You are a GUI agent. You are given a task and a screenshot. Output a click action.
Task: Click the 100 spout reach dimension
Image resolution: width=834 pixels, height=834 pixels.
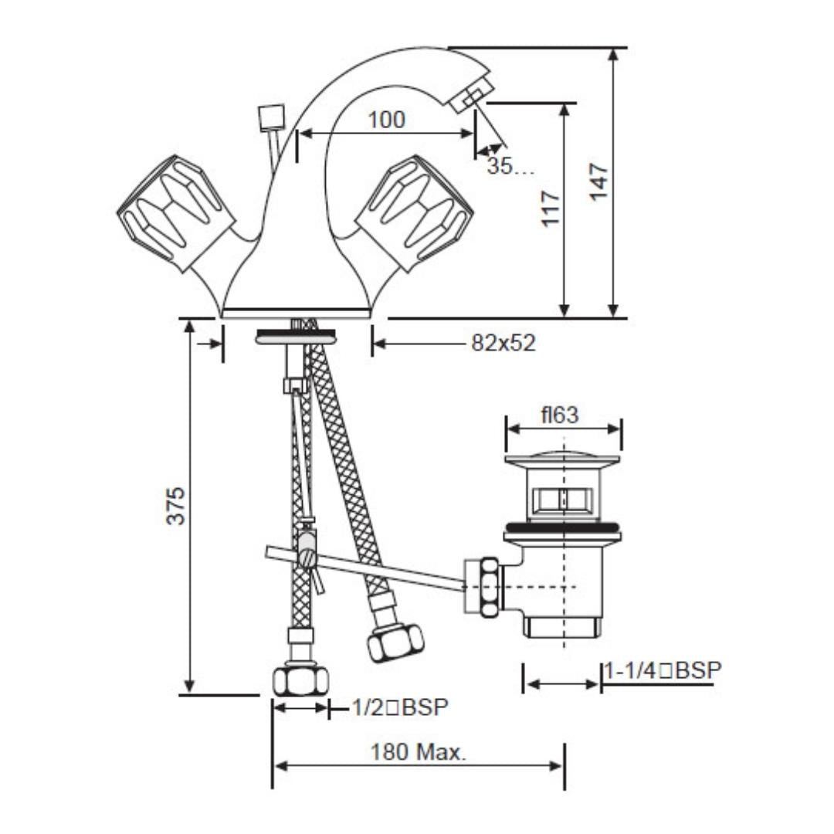[x=387, y=120]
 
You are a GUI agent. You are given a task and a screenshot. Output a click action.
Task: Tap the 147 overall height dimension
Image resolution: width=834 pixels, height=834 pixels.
[x=598, y=182]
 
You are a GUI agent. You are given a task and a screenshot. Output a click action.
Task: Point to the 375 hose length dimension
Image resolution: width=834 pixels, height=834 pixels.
[x=175, y=506]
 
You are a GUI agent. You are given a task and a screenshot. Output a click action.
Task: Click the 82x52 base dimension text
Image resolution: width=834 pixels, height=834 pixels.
[x=503, y=343]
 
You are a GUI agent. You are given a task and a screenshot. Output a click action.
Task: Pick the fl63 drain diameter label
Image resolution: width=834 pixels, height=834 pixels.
[x=560, y=415]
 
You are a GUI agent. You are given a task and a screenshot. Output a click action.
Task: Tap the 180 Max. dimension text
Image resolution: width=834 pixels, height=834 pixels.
[x=418, y=752]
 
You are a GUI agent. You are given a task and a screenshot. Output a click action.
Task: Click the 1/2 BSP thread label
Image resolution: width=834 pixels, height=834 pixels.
[x=400, y=707]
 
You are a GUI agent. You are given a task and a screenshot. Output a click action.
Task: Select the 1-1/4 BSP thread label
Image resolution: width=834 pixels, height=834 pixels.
[x=663, y=671]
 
